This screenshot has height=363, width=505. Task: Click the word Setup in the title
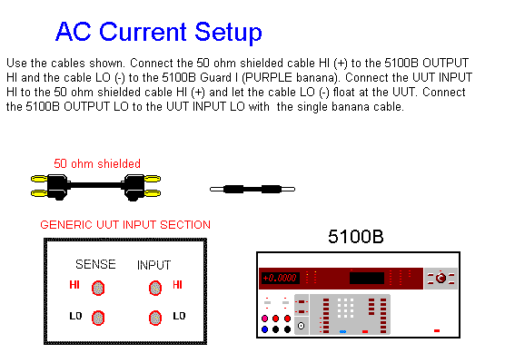tap(228, 33)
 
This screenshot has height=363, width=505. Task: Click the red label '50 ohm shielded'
tap(97, 163)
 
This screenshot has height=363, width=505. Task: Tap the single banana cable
tap(252, 190)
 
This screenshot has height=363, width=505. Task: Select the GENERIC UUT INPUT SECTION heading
tap(125, 225)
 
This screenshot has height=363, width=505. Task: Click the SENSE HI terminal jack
tap(98, 288)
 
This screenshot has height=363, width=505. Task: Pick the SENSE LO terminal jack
tap(98, 318)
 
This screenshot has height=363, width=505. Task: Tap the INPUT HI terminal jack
tap(155, 288)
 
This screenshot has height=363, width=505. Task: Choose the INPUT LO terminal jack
tap(155, 318)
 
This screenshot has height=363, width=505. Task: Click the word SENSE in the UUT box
tap(95, 264)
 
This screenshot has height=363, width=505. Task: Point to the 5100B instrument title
tap(356, 237)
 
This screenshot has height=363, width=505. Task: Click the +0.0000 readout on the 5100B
tap(280, 278)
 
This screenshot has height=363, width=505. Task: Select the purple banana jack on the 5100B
tap(264, 319)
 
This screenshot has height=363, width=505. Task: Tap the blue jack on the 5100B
tap(264, 329)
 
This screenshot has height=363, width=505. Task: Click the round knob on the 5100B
tap(441, 278)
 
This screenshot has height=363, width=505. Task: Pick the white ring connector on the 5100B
tap(302, 326)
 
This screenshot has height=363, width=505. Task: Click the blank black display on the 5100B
tap(367, 278)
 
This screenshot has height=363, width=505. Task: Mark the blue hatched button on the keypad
tap(342, 331)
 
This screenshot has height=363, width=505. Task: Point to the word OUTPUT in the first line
tap(445, 63)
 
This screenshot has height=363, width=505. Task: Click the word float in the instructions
tap(343, 92)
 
